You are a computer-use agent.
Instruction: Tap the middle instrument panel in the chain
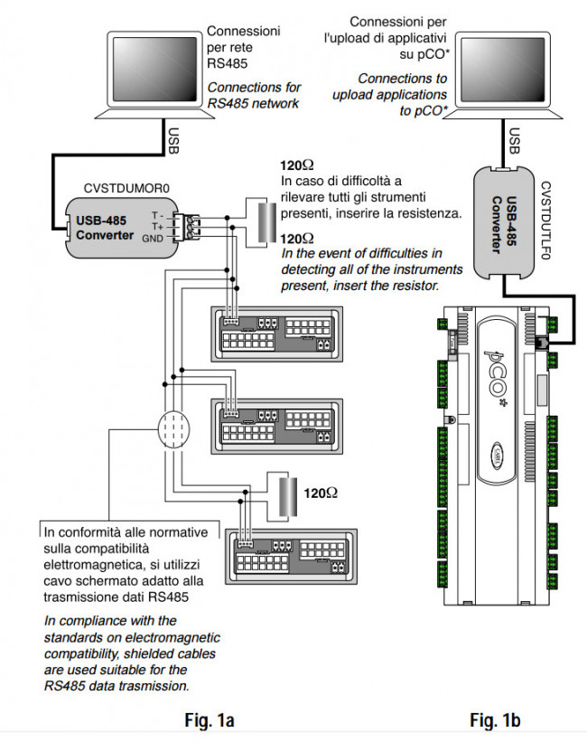276,423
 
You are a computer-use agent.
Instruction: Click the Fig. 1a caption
209,720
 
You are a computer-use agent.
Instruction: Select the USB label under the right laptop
514,140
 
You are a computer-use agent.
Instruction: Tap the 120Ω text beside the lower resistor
321,493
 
